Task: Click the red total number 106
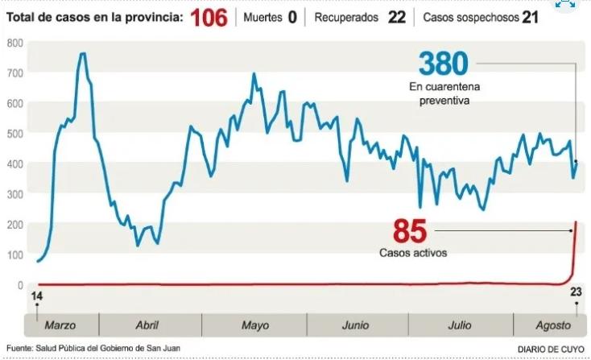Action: [x=209, y=17]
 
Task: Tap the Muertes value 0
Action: [x=292, y=17]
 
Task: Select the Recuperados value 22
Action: [x=396, y=17]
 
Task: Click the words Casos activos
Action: [x=413, y=253]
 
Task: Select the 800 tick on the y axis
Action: [x=14, y=43]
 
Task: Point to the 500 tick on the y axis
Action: [x=14, y=134]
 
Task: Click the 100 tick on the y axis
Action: [x=14, y=255]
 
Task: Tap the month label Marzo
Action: [x=61, y=325]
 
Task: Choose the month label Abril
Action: [x=147, y=325]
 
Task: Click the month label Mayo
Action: [x=255, y=325]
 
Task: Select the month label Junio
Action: [x=355, y=325]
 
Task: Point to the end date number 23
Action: [x=576, y=292]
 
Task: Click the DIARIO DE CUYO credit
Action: [x=545, y=349]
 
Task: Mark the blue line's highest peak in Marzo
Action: [x=82, y=54]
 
